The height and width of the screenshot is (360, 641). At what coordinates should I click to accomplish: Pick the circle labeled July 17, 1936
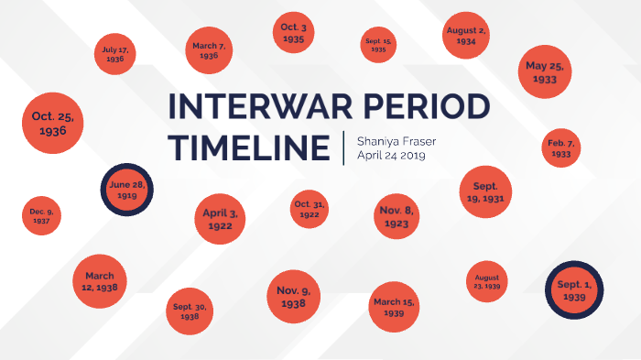click(x=114, y=54)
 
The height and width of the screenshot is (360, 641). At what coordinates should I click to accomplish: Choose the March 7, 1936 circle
click(x=209, y=50)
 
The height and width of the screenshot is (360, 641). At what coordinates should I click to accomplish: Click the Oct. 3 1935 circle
click(x=294, y=35)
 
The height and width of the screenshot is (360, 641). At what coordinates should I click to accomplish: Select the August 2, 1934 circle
click(x=466, y=37)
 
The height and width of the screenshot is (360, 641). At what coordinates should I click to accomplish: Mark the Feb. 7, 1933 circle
click(x=560, y=148)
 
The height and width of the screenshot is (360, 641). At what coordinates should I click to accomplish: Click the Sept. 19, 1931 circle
click(x=485, y=191)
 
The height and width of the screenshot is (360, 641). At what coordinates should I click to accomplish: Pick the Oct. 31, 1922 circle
click(x=310, y=209)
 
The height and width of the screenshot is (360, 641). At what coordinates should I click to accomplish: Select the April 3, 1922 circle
click(x=221, y=220)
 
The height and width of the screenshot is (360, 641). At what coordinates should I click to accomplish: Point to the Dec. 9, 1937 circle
click(x=41, y=217)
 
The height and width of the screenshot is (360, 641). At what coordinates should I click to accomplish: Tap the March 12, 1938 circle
click(x=100, y=280)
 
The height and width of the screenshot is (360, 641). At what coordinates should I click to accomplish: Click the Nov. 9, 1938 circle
click(x=293, y=298)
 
